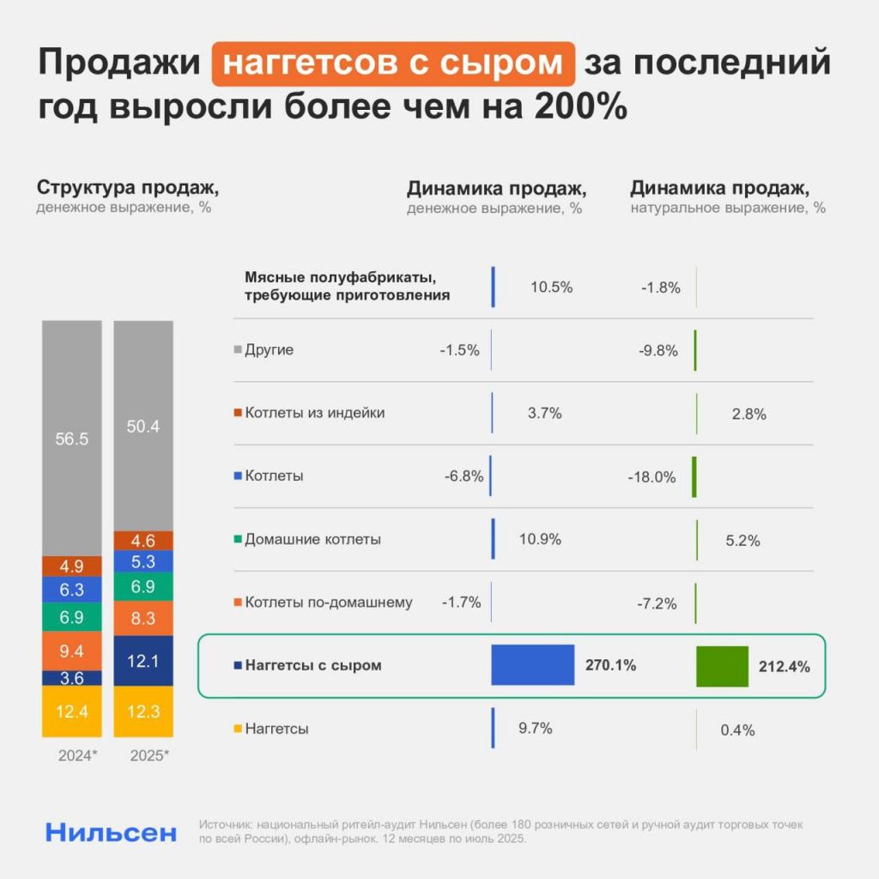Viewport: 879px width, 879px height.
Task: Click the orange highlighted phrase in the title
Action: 393,64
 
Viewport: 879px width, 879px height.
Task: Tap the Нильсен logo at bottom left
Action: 112,832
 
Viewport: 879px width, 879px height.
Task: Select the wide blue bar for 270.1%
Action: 532,664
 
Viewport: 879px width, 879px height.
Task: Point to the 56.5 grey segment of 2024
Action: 72,439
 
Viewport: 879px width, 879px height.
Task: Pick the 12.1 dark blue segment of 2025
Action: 144,660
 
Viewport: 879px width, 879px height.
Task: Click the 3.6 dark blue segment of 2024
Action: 72,678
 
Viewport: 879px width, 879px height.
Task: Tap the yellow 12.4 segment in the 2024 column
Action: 72,711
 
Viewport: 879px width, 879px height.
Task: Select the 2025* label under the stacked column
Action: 149,756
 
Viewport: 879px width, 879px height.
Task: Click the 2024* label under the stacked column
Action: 78,756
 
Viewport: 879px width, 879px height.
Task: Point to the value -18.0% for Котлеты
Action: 652,477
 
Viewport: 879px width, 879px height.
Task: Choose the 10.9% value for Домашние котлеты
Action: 540,539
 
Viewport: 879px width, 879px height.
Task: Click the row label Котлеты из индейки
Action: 314,413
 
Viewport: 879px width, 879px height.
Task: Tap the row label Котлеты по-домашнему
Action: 328,603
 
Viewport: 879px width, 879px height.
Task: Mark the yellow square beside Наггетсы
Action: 238,729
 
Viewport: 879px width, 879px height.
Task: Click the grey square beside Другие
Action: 238,350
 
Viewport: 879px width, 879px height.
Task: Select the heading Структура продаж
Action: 133,188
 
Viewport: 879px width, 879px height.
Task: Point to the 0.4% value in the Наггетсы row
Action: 737,730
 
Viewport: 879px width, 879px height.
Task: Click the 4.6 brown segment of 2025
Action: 144,541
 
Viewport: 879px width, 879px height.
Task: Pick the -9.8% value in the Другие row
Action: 659,350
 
